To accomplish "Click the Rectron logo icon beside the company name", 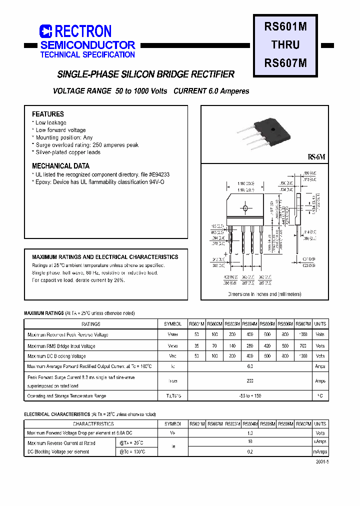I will point(45,31).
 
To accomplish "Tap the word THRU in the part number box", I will point(285,45).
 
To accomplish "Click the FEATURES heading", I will point(48,114).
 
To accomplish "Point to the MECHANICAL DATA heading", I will point(60,166).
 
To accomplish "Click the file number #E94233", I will point(159,174).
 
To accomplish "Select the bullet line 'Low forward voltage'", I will point(60,130).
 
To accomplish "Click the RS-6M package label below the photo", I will point(316,157).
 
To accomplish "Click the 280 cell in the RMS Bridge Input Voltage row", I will point(250,345).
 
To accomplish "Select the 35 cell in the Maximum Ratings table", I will point(196,345).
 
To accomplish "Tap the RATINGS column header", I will point(90,324).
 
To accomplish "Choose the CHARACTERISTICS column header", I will point(90,423).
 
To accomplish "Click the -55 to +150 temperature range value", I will point(250,396).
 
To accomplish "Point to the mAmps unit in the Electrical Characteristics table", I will point(320,451).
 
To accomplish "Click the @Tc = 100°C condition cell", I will point(132,451).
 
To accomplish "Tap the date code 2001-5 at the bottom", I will point(322,463).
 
